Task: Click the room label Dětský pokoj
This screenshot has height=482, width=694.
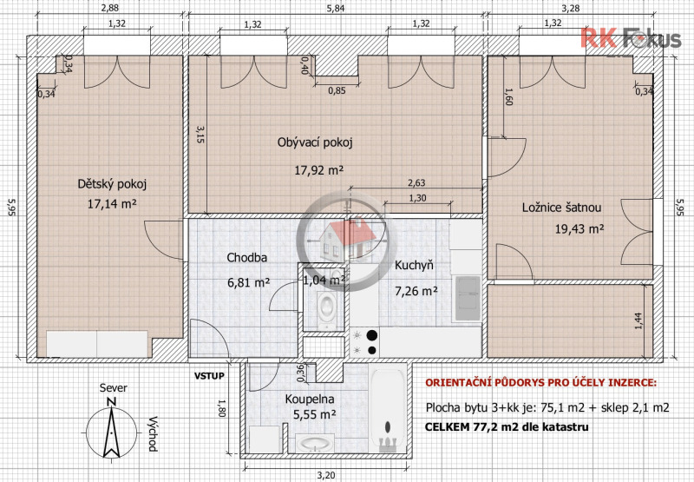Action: [x=112, y=184]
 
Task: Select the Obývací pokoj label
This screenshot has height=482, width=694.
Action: [x=315, y=143]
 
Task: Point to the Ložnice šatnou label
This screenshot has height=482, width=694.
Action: [x=561, y=208]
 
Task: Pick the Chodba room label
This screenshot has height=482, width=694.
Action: [x=246, y=258]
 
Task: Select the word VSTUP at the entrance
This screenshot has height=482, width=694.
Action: [x=209, y=376]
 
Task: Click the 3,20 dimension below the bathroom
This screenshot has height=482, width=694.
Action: [x=325, y=475]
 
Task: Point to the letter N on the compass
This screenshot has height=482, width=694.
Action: [x=109, y=401]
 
